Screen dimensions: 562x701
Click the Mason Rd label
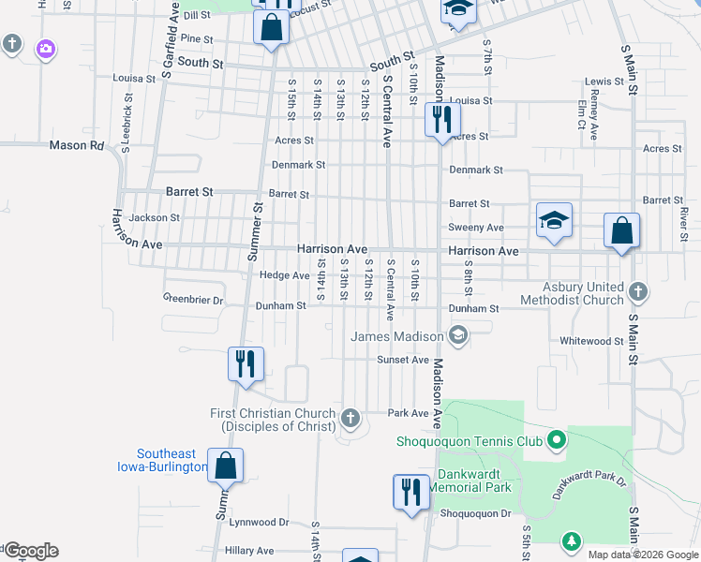click(x=77, y=145)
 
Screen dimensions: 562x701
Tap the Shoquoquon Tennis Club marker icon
click(x=557, y=438)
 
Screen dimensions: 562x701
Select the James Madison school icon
click(x=458, y=334)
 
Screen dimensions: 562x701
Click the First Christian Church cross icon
click(x=350, y=418)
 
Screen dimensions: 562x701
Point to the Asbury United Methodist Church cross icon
click(x=637, y=290)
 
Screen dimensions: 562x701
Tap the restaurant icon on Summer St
click(x=246, y=362)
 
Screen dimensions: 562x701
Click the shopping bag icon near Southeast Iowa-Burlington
click(x=226, y=465)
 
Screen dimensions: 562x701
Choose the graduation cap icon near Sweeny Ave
click(x=554, y=221)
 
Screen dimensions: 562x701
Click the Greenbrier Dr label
click(x=193, y=301)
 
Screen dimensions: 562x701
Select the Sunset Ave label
click(x=403, y=360)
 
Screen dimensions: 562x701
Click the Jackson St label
click(x=155, y=217)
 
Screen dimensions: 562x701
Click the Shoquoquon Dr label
click(x=475, y=513)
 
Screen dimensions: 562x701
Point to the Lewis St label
click(x=604, y=82)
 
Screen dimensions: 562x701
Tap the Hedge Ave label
click(x=284, y=275)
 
